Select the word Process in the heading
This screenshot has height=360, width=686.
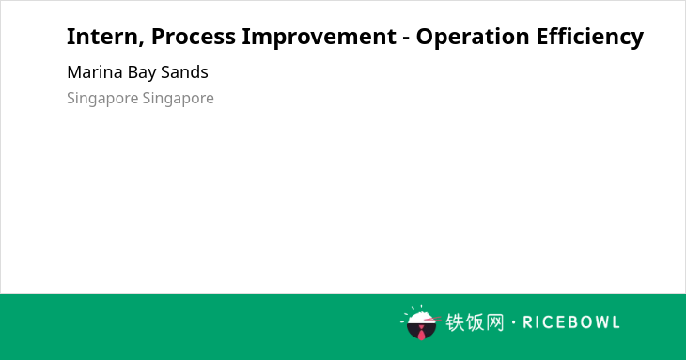[x=194, y=37]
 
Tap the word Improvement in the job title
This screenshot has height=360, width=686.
[x=319, y=37]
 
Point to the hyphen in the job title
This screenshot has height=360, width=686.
[x=406, y=39]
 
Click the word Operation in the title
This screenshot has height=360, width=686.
[x=473, y=37]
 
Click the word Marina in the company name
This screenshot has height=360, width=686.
[x=95, y=72]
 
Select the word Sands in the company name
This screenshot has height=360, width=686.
[x=184, y=72]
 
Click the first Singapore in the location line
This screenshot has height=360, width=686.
[x=102, y=99]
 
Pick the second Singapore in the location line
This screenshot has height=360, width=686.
[x=178, y=99]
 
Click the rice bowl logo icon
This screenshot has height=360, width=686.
[x=420, y=322]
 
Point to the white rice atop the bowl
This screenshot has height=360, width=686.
[x=420, y=317]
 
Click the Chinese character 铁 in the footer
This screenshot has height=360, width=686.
[x=456, y=322]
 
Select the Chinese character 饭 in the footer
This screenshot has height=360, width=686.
[x=476, y=322]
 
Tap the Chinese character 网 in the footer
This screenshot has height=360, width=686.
[x=495, y=322]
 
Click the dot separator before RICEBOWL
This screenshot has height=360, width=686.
[x=514, y=322]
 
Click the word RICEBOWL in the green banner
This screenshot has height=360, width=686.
[x=571, y=322]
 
